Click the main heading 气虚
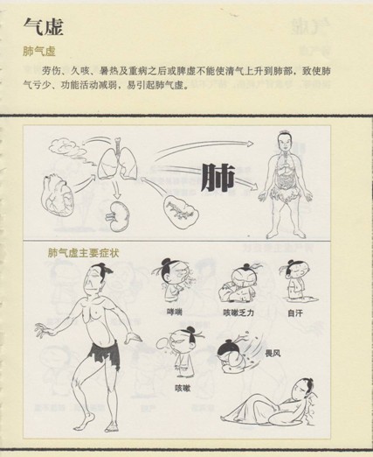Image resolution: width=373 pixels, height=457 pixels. click(x=43, y=26)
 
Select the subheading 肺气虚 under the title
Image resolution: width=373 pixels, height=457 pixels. click(x=39, y=52)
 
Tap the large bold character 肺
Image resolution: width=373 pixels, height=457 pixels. click(x=218, y=177)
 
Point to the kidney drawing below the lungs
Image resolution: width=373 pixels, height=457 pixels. click(x=119, y=216)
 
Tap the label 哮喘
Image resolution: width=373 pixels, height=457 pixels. click(x=175, y=313)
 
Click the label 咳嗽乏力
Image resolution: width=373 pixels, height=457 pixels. click(x=238, y=313)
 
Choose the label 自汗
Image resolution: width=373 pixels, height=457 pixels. click(x=294, y=313)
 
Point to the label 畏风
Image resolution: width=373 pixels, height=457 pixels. click(x=273, y=354)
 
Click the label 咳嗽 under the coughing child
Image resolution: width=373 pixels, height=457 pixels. click(x=183, y=388)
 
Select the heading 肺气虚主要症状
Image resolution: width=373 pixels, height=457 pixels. click(x=83, y=253)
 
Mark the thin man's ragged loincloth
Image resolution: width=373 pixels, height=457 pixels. click(x=104, y=354)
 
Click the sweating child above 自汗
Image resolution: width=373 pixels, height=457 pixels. click(x=296, y=279)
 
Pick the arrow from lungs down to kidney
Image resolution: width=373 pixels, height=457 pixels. click(x=116, y=190)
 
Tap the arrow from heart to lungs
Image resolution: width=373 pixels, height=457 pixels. click(x=85, y=182)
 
